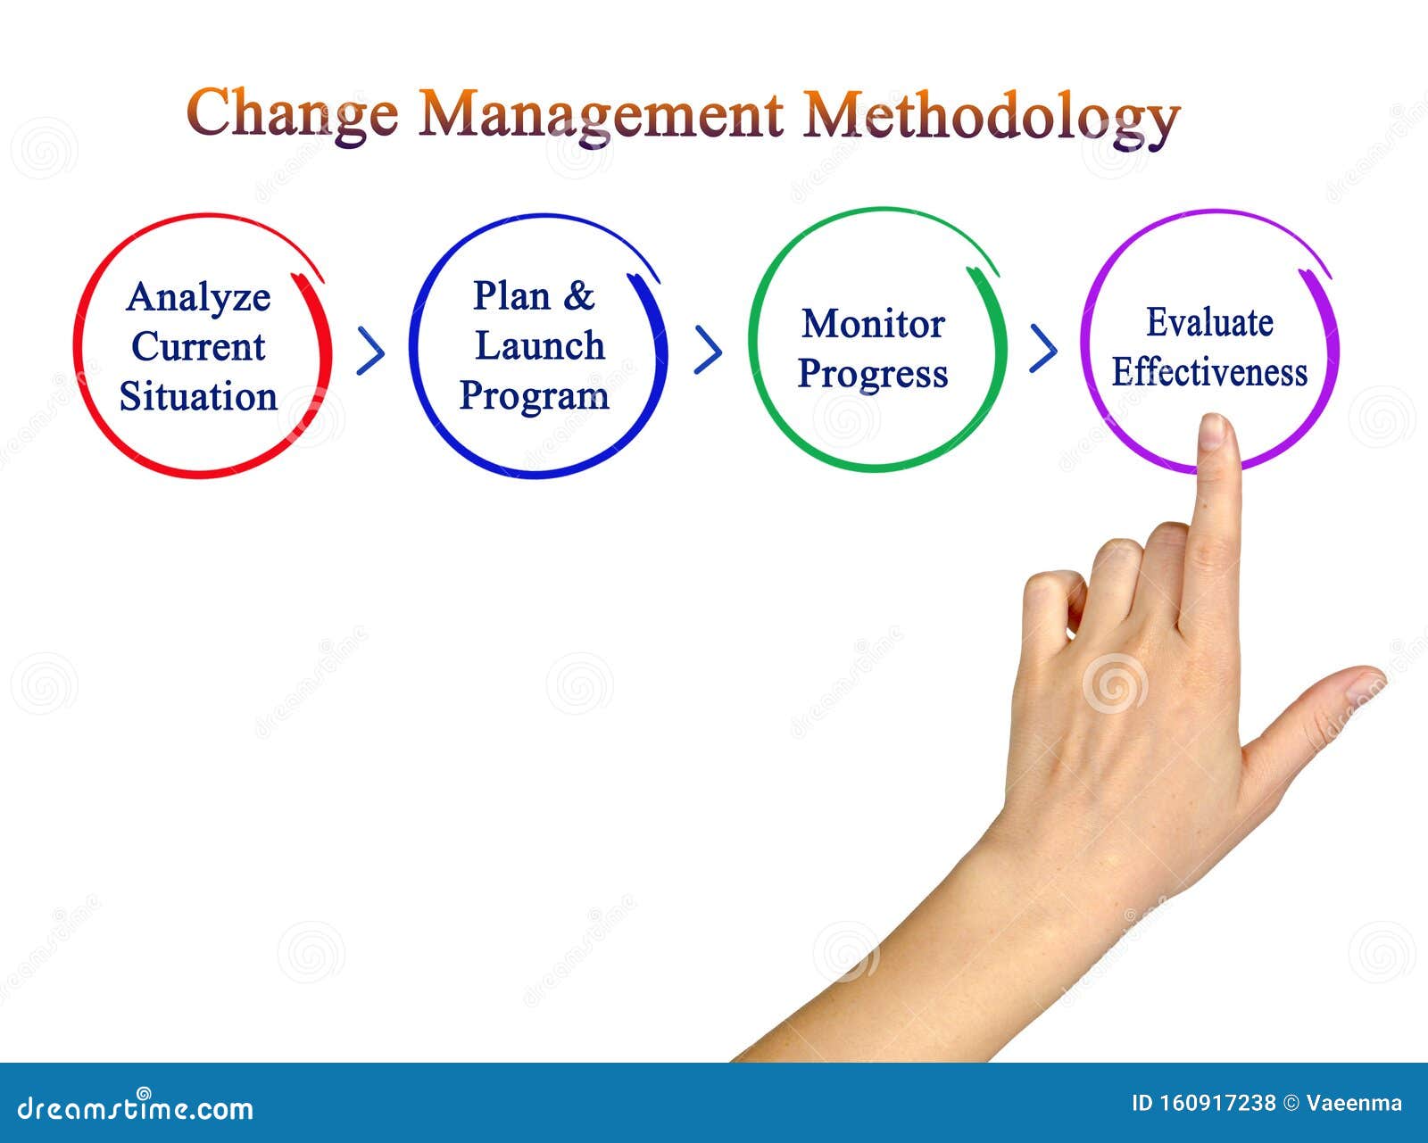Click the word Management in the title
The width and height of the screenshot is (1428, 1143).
pos(601,114)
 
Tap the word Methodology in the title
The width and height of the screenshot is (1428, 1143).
pos(991,116)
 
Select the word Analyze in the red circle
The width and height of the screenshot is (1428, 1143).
pos(198,298)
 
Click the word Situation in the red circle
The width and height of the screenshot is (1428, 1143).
pos(198,397)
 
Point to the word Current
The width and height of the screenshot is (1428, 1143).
pos(198,347)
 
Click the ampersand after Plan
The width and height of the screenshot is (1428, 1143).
pos(578,295)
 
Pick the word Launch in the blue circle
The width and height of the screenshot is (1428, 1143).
pos(539,346)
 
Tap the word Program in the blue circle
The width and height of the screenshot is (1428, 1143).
pos(534,396)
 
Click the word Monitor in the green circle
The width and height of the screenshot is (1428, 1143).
pos(872,324)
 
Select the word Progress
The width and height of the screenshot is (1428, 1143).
pos(872,374)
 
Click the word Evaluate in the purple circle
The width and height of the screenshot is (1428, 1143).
pos(1208,323)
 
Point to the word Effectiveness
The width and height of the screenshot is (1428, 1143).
pos(1208,372)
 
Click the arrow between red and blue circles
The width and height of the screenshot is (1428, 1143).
pos(370,351)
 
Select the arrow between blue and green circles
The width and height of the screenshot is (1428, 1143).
pos(708,350)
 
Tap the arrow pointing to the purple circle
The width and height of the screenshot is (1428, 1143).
pos(1043,348)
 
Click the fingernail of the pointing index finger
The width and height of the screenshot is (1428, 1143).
pos(1212,432)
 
